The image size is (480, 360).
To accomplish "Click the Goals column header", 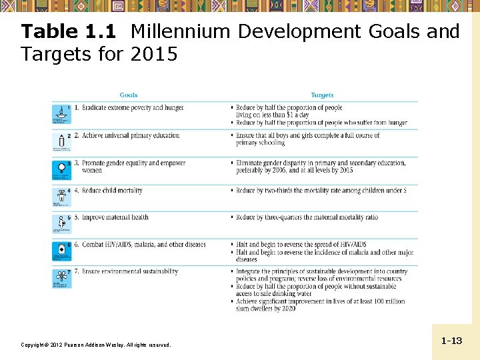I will pyautogui.click(x=129, y=95).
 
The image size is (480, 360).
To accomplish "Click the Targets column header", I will pyautogui.click(x=322, y=95).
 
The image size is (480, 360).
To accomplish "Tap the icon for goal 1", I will pyautogui.click(x=61, y=114).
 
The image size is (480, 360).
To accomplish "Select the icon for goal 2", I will pyautogui.click(x=61, y=141).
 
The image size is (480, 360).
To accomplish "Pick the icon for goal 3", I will pyautogui.click(x=61, y=169).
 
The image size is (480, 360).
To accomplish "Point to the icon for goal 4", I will pyautogui.click(x=61, y=196).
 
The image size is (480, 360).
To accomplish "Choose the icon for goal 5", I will pyautogui.click(x=61, y=223).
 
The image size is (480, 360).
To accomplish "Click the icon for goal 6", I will pyautogui.click(x=61, y=251).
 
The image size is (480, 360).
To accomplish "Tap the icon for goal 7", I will pyautogui.click(x=61, y=278).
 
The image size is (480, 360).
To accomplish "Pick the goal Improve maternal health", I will pyautogui.click(x=111, y=217).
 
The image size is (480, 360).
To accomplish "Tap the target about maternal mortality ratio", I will pyautogui.click(x=307, y=217).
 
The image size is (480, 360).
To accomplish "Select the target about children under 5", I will pyautogui.click(x=321, y=191).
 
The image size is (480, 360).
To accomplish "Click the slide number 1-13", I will pyautogui.click(x=451, y=341).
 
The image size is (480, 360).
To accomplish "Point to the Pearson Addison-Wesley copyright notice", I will pyautogui.click(x=96, y=345).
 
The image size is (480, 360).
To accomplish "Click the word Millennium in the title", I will pyautogui.click(x=181, y=31).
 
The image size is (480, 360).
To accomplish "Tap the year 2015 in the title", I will pyautogui.click(x=154, y=54).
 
